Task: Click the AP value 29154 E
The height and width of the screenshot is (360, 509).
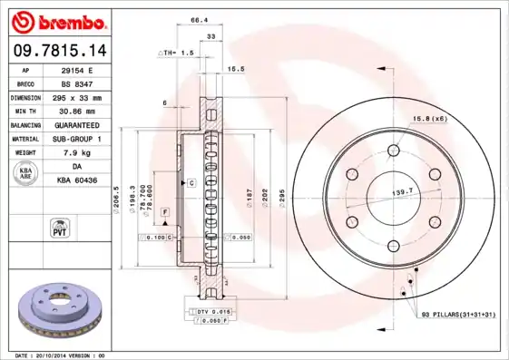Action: coord(76,69)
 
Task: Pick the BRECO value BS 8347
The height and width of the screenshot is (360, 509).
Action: coord(76,83)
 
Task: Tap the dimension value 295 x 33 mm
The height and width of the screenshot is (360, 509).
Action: coord(76,97)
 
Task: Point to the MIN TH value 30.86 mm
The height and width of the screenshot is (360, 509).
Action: coord(76,111)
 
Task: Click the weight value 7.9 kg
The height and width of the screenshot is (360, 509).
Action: coord(76,152)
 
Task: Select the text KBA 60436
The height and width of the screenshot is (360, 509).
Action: coord(76,180)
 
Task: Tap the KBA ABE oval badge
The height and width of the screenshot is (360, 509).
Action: coord(26,172)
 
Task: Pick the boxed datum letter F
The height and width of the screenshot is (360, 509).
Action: coord(165,211)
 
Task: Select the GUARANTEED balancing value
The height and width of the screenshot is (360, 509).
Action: coord(76,124)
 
